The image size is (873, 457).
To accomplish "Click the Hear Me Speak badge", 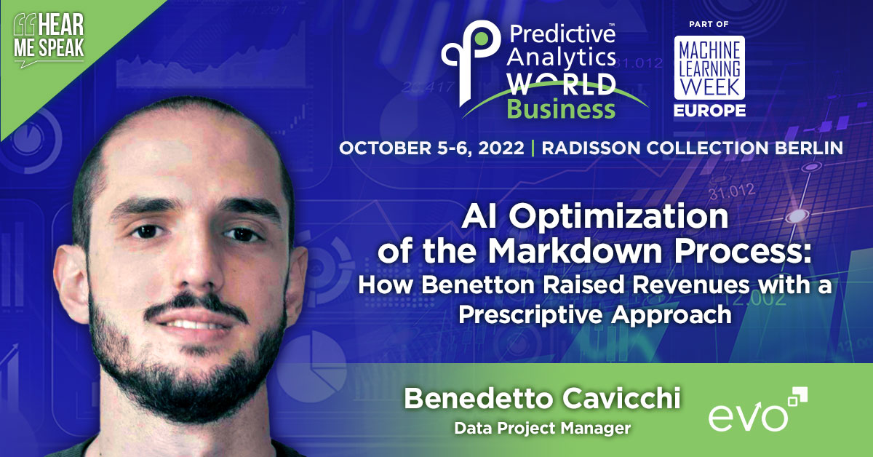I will point(48,42).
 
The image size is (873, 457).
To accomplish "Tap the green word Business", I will point(561,109).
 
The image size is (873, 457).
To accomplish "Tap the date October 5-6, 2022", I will point(431,147).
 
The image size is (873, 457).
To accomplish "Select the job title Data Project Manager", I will point(542,429).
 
